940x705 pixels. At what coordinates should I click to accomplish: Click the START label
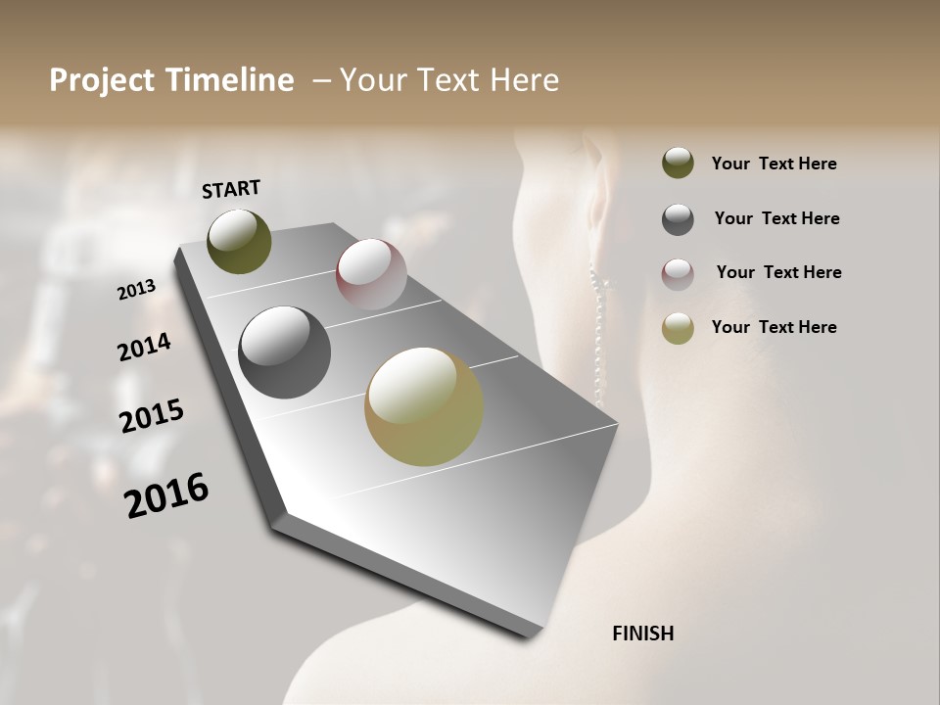pyautogui.click(x=231, y=189)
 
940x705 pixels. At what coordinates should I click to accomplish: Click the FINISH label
pyautogui.click(x=642, y=634)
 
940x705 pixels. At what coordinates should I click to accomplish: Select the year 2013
pyautogui.click(x=136, y=290)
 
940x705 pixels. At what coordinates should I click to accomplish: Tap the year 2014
pyautogui.click(x=144, y=347)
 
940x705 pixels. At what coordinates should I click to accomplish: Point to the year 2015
pyautogui.click(x=152, y=416)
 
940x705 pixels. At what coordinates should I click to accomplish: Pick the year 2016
pyautogui.click(x=166, y=495)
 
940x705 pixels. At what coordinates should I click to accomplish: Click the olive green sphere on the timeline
pyautogui.click(x=239, y=241)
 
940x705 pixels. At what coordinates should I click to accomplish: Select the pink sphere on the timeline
pyautogui.click(x=371, y=273)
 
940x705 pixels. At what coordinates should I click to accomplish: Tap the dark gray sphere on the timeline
pyautogui.click(x=284, y=352)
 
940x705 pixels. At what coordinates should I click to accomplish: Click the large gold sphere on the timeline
pyautogui.click(x=423, y=406)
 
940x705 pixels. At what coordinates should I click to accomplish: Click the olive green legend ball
pyautogui.click(x=678, y=163)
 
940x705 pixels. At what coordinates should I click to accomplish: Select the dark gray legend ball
pyautogui.click(x=678, y=218)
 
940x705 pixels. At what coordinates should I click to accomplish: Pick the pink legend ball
pyautogui.click(x=678, y=273)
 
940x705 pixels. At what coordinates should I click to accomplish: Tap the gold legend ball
pyautogui.click(x=678, y=328)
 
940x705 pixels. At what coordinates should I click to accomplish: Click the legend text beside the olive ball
pyautogui.click(x=774, y=164)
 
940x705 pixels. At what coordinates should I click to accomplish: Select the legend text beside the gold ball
pyautogui.click(x=774, y=327)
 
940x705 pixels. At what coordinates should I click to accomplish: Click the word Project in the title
pyautogui.click(x=101, y=80)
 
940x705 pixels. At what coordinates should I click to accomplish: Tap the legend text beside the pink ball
pyautogui.click(x=778, y=272)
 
